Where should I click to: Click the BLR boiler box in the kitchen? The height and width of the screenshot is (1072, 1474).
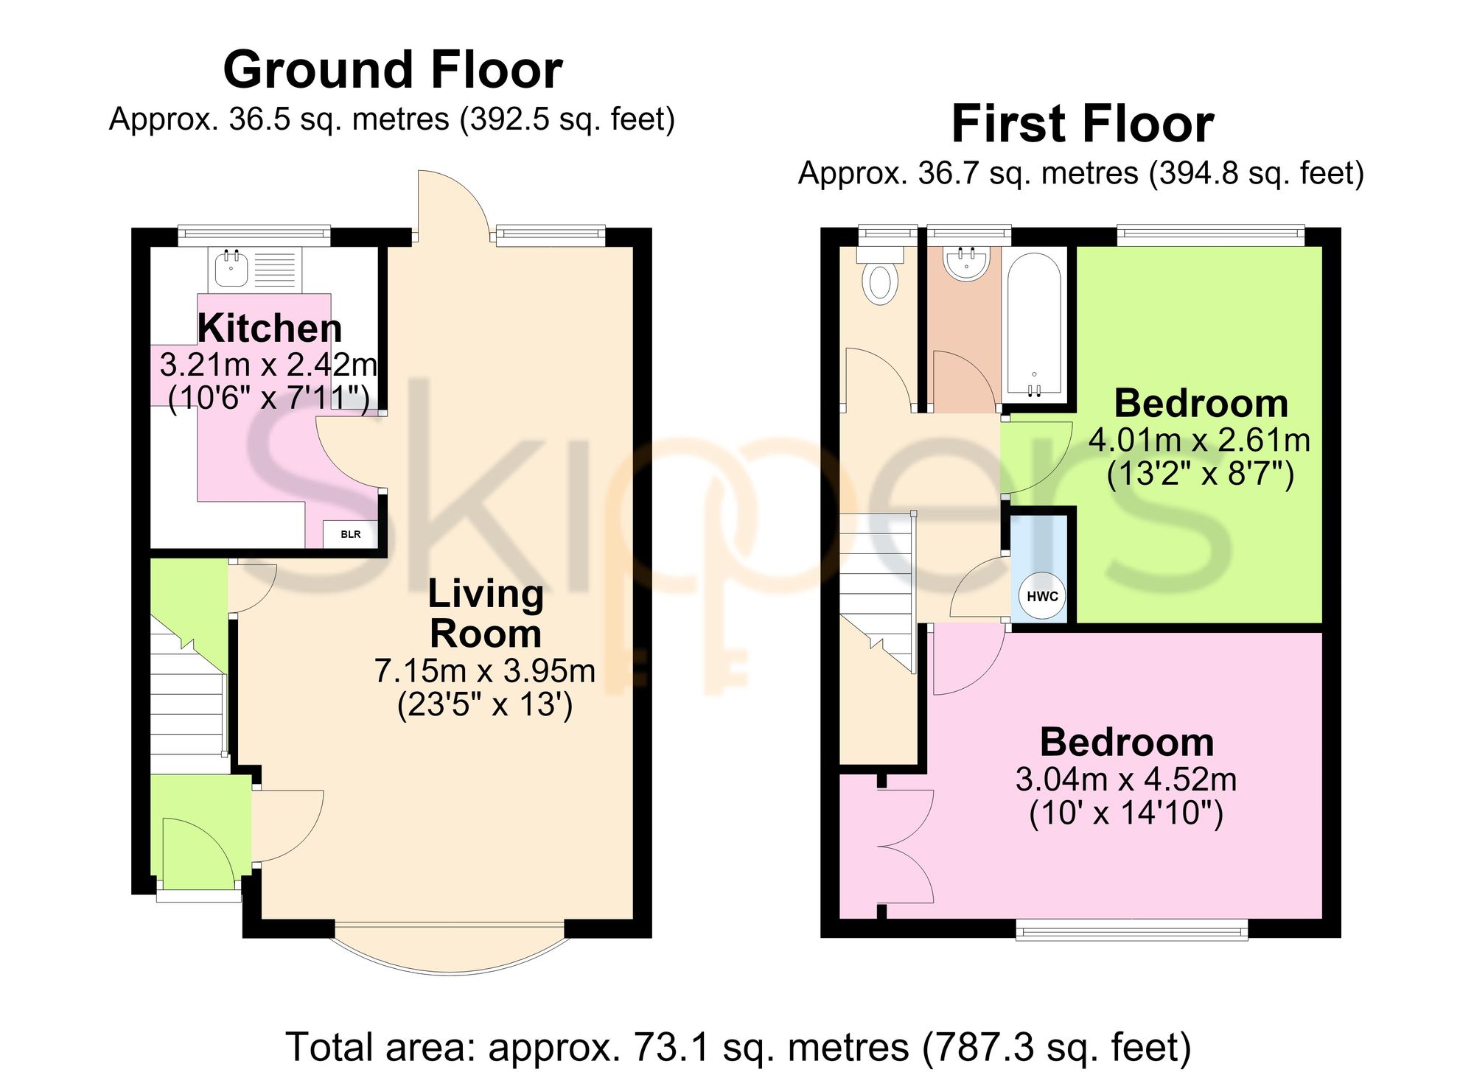[x=351, y=534]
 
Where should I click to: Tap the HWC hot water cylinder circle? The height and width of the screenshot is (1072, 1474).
[x=1042, y=596]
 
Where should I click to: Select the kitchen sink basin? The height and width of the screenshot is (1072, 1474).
[x=231, y=268]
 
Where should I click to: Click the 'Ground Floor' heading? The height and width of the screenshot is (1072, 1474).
[x=393, y=70]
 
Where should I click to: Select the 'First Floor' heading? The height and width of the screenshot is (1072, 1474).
[x=1082, y=124]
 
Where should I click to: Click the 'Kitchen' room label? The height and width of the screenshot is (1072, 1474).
[x=270, y=328]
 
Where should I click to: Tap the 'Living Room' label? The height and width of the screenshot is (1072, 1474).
[x=486, y=614]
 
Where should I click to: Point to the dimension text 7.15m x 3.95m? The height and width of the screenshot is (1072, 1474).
[x=485, y=670]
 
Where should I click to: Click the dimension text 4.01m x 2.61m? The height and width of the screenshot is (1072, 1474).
[x=1200, y=440]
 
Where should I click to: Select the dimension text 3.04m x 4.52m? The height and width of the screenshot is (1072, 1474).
[x=1126, y=779]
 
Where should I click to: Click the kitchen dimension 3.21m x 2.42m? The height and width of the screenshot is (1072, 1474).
[x=269, y=364]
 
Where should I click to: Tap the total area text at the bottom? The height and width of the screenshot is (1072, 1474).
[x=738, y=1047]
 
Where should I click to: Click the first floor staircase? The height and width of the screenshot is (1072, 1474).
[x=877, y=589]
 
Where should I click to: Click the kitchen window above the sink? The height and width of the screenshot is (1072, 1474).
[x=254, y=235]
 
